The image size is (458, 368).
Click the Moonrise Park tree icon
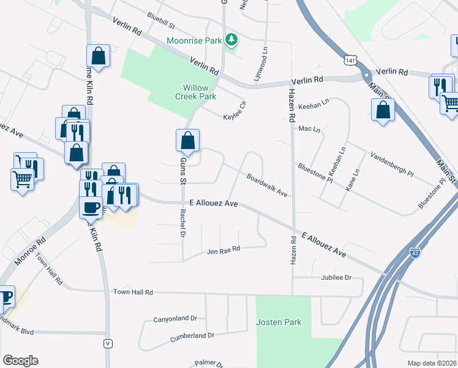tap(231, 40)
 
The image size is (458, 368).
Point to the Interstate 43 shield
tap(415, 252)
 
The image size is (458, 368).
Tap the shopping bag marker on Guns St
tap(188, 140)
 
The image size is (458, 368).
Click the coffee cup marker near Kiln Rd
tap(91, 208)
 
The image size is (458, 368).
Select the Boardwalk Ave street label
tap(268, 186)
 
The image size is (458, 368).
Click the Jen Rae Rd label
tap(223, 250)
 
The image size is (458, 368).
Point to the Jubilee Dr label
tap(336, 278)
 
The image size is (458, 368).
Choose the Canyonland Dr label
tap(175, 319)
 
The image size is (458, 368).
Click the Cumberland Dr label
tap(192, 335)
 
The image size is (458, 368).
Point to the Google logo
tap(20, 361)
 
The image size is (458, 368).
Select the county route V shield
tap(108, 343)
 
